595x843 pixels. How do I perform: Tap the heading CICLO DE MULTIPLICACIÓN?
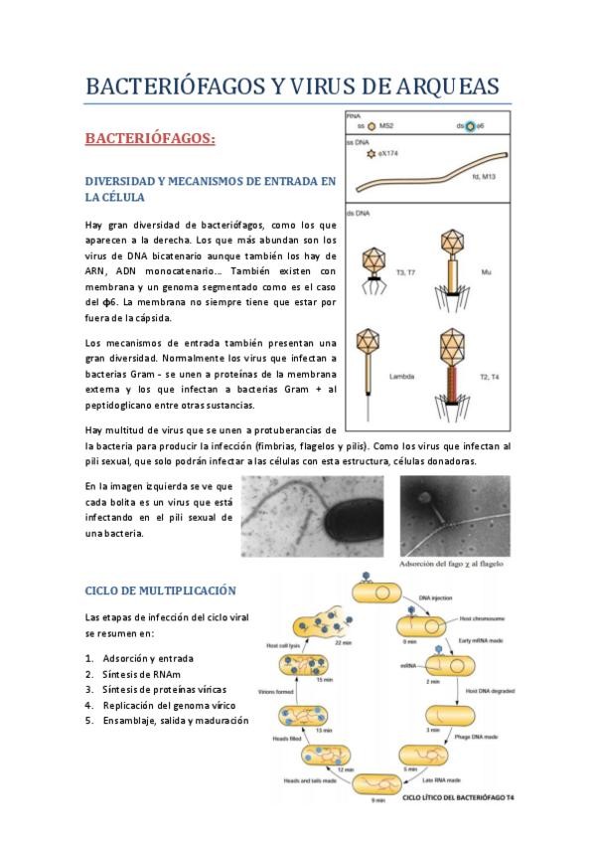click(160, 590)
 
